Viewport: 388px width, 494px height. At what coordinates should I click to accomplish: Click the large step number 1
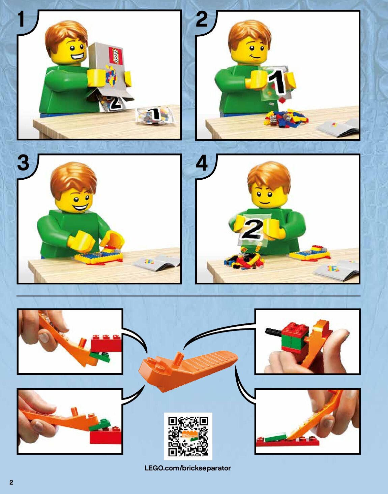[21, 19]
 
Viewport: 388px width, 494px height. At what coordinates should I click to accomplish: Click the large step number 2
[202, 19]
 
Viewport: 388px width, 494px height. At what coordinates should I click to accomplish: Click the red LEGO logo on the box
[116, 56]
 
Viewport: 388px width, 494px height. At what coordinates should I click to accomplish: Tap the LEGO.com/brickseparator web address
[188, 468]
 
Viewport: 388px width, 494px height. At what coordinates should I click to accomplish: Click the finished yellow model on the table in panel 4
[310, 252]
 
